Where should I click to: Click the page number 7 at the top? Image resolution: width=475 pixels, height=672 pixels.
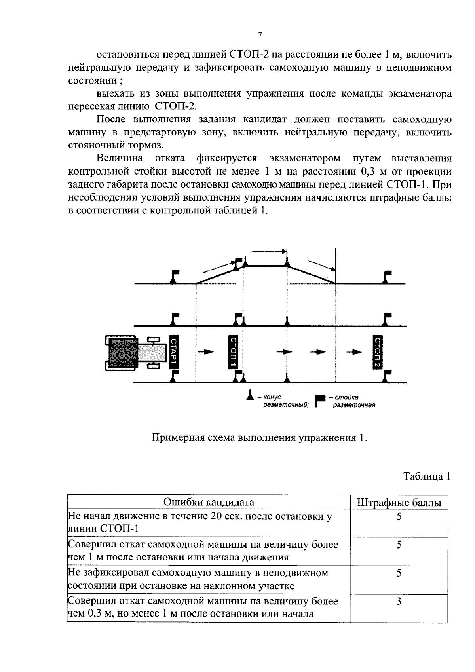click(260, 35)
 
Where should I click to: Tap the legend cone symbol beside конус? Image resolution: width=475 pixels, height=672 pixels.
click(250, 396)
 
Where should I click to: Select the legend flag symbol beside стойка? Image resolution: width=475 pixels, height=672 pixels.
click(319, 401)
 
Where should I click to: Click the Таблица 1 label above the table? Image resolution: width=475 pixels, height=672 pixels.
click(427, 476)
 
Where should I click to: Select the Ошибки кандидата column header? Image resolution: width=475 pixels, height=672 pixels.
click(209, 502)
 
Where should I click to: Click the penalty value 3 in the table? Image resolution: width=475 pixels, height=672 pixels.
click(399, 602)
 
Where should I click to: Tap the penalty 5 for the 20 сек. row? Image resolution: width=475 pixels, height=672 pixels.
click(399, 516)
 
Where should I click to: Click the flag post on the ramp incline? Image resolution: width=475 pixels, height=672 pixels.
click(238, 263)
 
